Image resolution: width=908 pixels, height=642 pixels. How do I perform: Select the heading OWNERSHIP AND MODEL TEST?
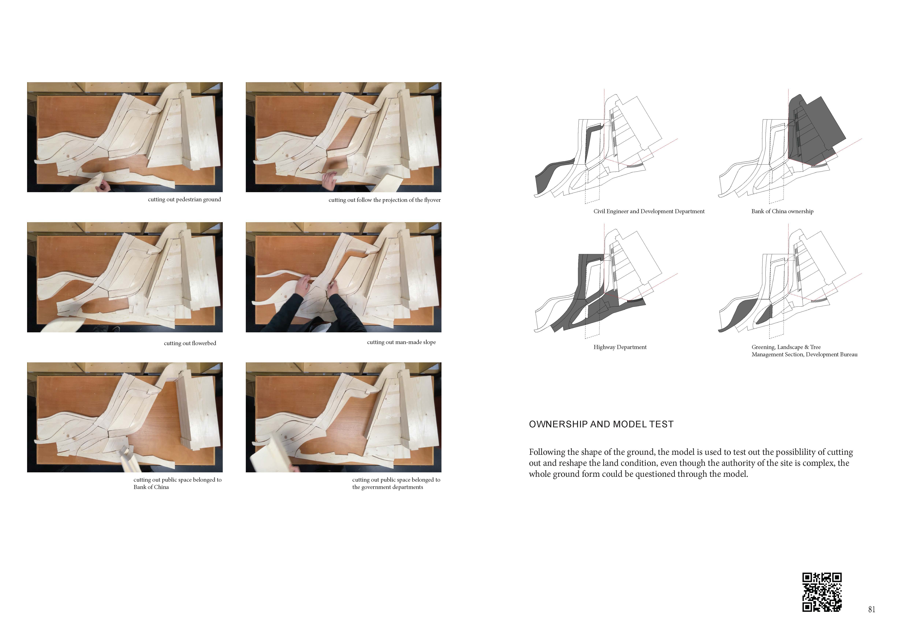[x=601, y=424]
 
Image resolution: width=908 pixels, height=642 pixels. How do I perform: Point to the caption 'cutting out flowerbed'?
[x=190, y=343]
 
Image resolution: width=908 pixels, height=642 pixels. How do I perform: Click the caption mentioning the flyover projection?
[x=384, y=200]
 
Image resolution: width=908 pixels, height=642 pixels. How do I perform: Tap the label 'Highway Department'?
[x=620, y=347]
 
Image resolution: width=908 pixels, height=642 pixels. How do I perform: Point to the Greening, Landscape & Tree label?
[x=804, y=351]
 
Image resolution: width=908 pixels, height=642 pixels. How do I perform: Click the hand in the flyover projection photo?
[x=329, y=180]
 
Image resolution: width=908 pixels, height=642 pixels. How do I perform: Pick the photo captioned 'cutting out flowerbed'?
[x=125, y=277]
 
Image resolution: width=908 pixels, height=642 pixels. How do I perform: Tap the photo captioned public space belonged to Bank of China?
[x=125, y=417]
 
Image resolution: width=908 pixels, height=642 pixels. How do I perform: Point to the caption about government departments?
[x=396, y=484]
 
